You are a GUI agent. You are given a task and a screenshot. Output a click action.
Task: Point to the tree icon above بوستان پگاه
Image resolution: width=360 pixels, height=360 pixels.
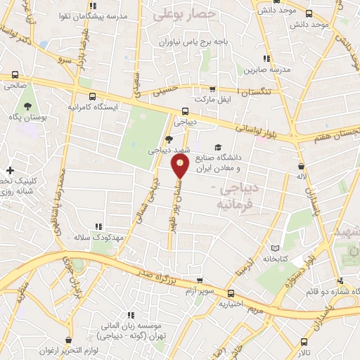(27, 107)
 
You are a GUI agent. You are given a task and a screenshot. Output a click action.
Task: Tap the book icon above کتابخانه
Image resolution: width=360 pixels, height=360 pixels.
(276, 248)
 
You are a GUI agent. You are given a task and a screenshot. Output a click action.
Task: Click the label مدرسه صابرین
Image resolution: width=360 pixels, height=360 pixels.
(266, 70)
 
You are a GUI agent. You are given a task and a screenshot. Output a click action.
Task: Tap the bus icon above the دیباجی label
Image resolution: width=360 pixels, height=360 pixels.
(185, 110)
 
